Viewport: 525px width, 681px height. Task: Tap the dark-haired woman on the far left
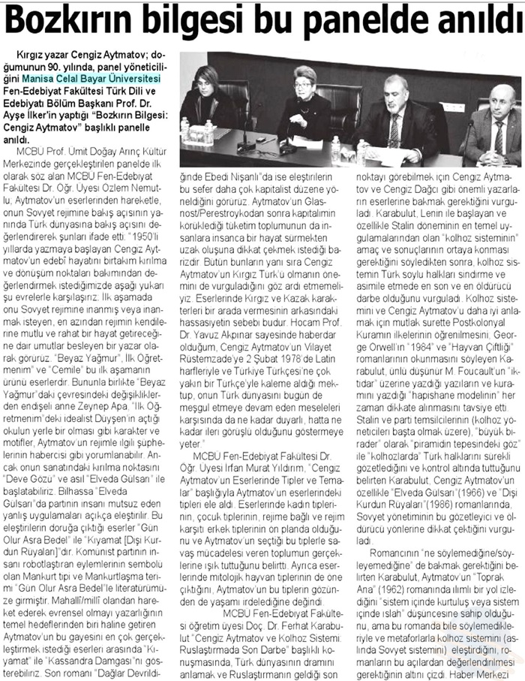pos(216,98)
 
